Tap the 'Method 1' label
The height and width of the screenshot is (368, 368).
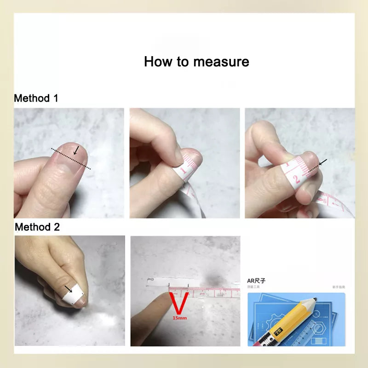(x=36, y=98)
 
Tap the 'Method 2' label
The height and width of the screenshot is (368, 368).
(x=37, y=227)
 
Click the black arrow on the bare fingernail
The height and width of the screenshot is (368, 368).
(x=76, y=150)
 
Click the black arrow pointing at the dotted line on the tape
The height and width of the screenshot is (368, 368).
(x=322, y=162)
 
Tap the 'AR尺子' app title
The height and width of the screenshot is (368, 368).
(x=257, y=280)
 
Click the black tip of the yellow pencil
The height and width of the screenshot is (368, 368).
(x=315, y=300)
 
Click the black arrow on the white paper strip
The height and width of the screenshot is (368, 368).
(x=69, y=289)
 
